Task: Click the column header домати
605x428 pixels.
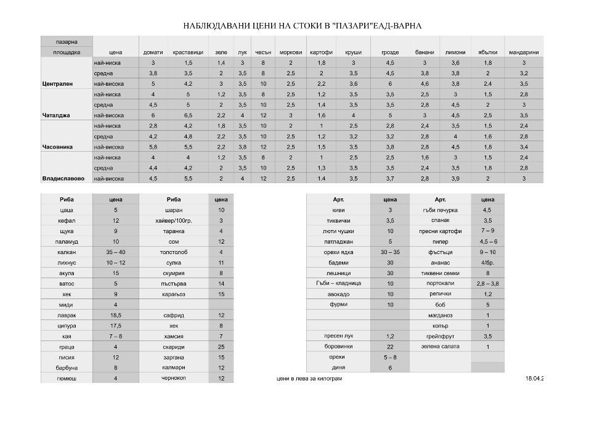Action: (153, 52)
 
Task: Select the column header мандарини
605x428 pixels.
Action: (524, 52)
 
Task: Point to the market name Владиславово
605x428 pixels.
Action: (63, 179)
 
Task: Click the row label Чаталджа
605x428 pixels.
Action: (57, 115)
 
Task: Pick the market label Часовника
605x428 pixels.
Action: (58, 147)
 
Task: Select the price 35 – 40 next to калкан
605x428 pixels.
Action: (116, 252)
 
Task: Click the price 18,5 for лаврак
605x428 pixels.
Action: (116, 315)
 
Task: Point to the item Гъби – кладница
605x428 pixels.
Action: (338, 284)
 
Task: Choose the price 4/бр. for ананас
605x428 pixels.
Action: (487, 263)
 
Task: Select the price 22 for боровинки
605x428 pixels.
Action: (390, 347)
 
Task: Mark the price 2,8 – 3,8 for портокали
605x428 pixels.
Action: (487, 284)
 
